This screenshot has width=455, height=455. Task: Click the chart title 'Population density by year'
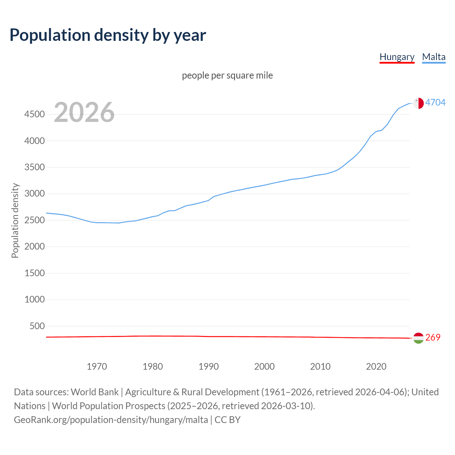pos(108,35)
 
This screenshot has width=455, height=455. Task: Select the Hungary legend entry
pos(397,57)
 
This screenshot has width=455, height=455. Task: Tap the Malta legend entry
pos(434,57)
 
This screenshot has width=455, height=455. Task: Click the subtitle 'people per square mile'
pos(227,75)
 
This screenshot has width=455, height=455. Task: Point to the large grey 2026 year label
pos(84,112)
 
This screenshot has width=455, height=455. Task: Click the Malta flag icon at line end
pos(418,103)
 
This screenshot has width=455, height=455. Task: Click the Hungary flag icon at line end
pos(418,338)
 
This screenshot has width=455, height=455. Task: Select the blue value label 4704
pos(435,102)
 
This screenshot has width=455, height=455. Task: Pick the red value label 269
pos(433,337)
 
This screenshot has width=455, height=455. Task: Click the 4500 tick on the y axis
pos(34,114)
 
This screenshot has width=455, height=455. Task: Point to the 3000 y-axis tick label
pos(34,194)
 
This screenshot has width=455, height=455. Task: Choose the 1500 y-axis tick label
pos(34,273)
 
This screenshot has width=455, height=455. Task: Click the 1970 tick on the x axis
pos(97,366)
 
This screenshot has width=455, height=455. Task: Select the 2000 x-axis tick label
pos(264,366)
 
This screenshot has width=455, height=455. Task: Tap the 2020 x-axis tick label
pos(376,366)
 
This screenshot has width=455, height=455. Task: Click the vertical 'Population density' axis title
pos(15,220)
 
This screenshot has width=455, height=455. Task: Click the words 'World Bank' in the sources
pos(95,392)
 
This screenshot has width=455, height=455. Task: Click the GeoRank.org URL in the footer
pos(111,420)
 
